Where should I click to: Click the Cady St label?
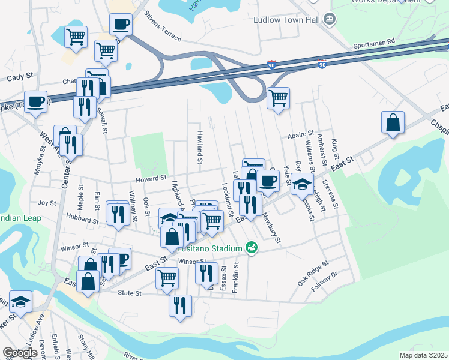pyautogui.click(x=20, y=78)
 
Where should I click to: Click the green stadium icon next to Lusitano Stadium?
pyautogui.click(x=251, y=247)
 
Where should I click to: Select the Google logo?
pyautogui.click(x=20, y=353)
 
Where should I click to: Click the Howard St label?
pyautogui.click(x=151, y=178)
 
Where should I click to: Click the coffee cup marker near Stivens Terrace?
pyautogui.click(x=121, y=25)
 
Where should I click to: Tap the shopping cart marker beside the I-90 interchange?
pyautogui.click(x=278, y=97)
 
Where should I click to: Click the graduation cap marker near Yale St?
pyautogui.click(x=303, y=184)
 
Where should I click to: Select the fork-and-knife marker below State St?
pyautogui.click(x=181, y=305)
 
